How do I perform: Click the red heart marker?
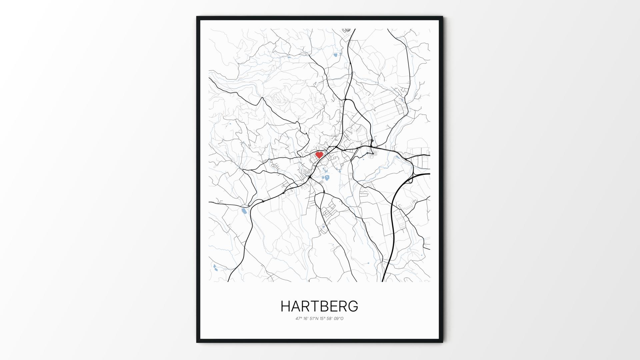click(319, 155)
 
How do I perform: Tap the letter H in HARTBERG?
click(285, 306)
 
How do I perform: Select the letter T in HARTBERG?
click(315, 306)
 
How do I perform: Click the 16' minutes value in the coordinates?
click(306, 319)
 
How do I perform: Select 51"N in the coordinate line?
click(314, 319)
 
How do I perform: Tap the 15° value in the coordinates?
click(323, 319)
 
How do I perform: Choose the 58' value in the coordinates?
click(331, 319)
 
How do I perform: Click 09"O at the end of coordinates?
click(339, 319)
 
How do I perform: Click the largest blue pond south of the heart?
click(327, 177)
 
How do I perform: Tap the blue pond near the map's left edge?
click(244, 211)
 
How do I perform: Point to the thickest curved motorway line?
click(393, 213)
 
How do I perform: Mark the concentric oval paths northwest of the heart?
click(279, 99)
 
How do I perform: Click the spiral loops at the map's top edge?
click(347, 30)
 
